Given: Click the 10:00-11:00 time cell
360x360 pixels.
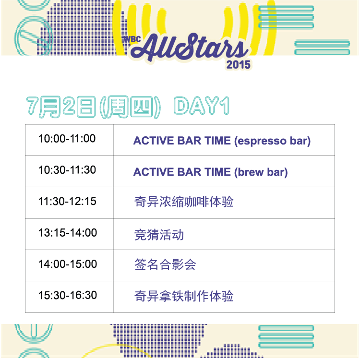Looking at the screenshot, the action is tap(67, 139).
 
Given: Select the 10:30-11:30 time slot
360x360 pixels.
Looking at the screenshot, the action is tap(67, 170).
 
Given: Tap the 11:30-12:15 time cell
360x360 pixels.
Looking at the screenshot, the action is tap(67, 201).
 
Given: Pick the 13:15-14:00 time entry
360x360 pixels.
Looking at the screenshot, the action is tap(68, 233).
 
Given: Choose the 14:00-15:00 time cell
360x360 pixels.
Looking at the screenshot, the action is tap(68, 264).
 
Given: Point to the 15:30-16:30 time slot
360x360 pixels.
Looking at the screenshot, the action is tap(68, 295).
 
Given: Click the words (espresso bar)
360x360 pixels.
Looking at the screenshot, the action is tap(272, 141).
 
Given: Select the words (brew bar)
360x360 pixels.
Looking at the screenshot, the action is tap(261, 172).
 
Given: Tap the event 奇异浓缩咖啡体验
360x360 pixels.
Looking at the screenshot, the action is tap(184, 202).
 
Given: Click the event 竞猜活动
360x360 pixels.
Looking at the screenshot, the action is tap(159, 235).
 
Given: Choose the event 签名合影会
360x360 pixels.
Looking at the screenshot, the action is tap(165, 264).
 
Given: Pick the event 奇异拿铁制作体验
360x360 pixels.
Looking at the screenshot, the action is tap(184, 296).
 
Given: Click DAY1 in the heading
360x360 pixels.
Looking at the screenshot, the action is tap(202, 106).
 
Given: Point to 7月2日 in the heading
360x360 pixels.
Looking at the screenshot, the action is tap(61, 107).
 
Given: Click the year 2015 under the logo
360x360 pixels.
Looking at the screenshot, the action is tap(238, 65).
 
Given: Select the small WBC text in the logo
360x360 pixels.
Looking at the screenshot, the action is tap(132, 39).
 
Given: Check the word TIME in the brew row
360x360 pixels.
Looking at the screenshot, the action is tap(217, 172).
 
